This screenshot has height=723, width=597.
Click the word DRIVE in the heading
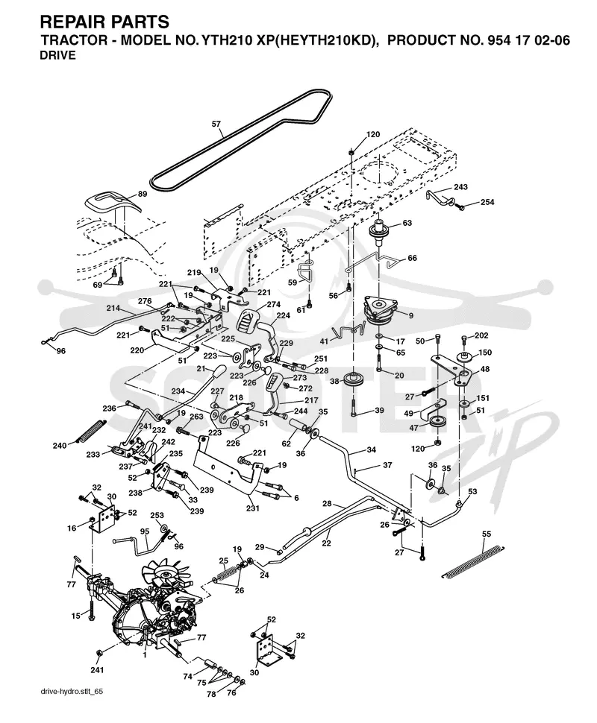58,56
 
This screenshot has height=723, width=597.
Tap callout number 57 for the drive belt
216,124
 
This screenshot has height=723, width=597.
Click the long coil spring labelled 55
474,561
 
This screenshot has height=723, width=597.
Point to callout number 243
460,187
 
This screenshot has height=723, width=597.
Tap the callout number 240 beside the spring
60,446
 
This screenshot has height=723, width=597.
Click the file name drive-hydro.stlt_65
72,704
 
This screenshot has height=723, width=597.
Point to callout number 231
252,508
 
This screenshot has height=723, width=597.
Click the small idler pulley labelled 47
437,423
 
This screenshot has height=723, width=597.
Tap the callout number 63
407,223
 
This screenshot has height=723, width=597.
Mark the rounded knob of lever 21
217,370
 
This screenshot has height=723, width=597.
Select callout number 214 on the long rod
113,308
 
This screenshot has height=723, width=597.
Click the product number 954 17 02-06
527,40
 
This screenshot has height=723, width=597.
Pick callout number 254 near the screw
487,202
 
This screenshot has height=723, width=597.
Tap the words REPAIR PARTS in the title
104,22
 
